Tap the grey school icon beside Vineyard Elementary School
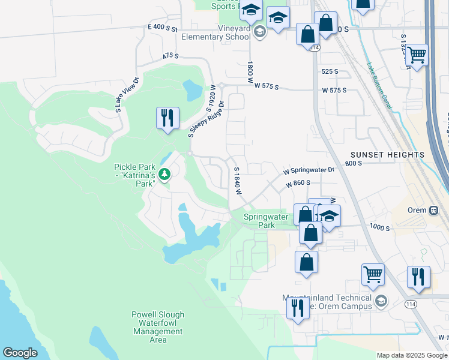(x=259, y=32)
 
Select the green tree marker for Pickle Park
(x=163, y=175)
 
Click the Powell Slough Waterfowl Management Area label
(x=158, y=327)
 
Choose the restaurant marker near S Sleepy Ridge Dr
(x=167, y=118)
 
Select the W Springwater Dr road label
(x=309, y=171)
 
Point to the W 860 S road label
(x=298, y=184)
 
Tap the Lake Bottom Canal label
(x=380, y=86)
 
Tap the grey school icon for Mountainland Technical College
(x=380, y=301)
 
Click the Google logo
(x=20, y=353)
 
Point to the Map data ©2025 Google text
(x=412, y=355)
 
